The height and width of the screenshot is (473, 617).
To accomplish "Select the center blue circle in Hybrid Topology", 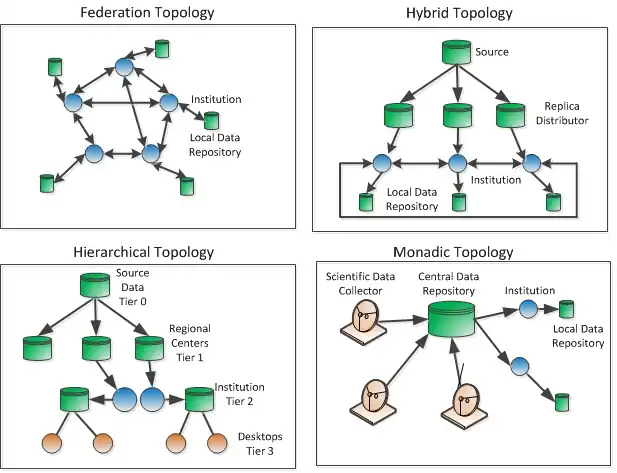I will coord(457,162).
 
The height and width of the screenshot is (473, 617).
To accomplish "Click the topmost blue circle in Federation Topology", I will coord(123,66).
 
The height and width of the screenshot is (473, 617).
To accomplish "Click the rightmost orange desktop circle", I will coord(215,443).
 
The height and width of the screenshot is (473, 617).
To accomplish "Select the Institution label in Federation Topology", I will coord(217,100).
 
